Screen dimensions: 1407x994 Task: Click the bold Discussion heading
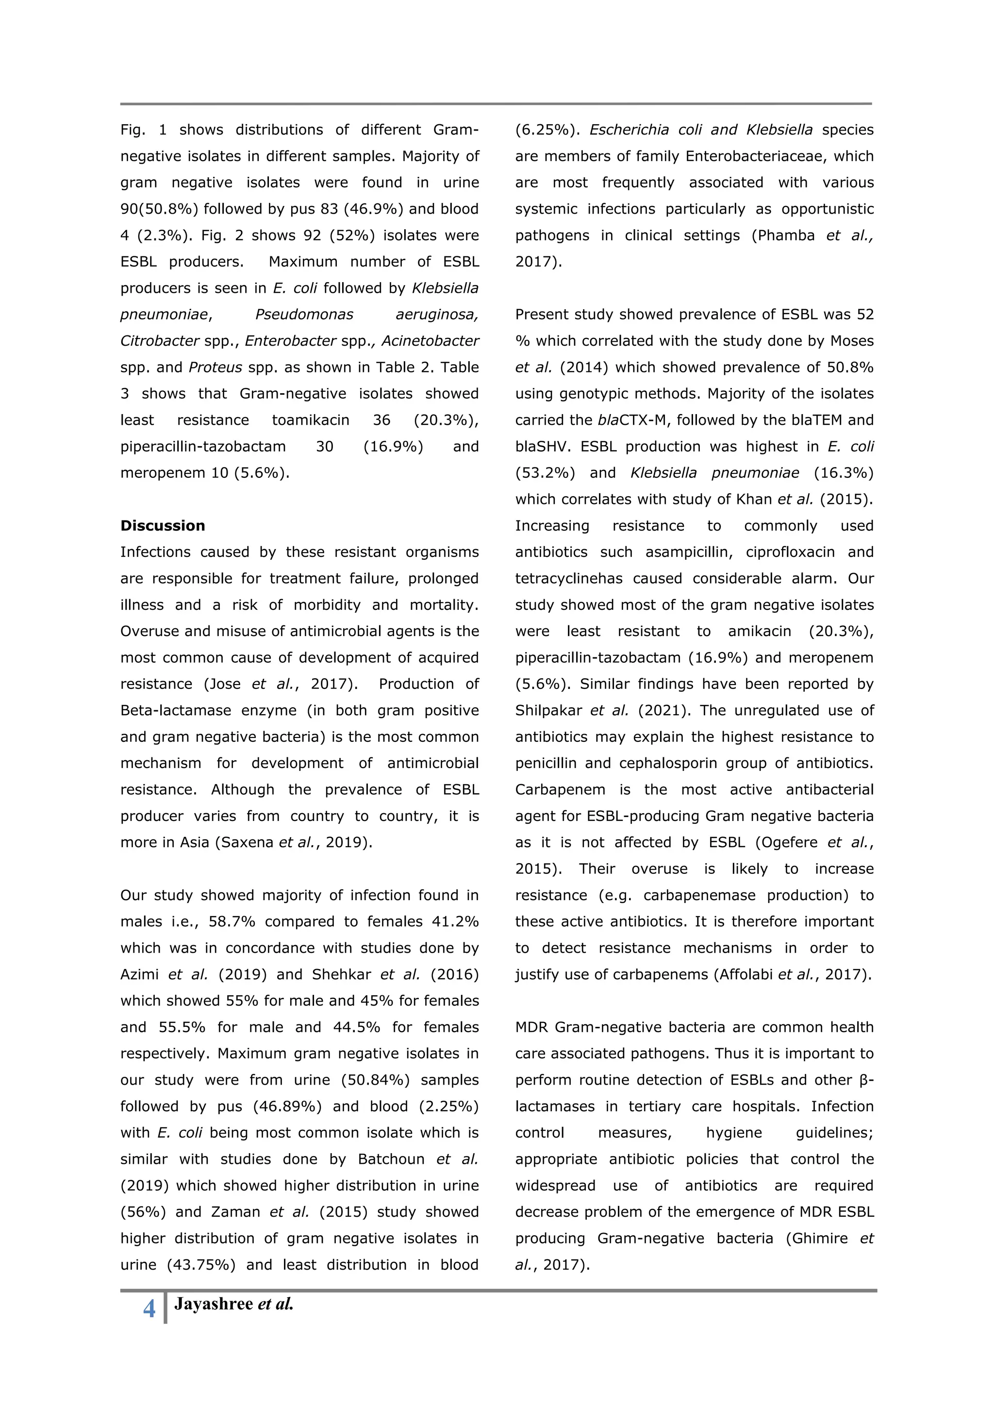click(162, 525)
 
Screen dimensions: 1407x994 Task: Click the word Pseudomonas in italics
click(304, 315)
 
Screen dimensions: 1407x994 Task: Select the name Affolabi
click(745, 974)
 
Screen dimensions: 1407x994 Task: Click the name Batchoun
click(391, 1159)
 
